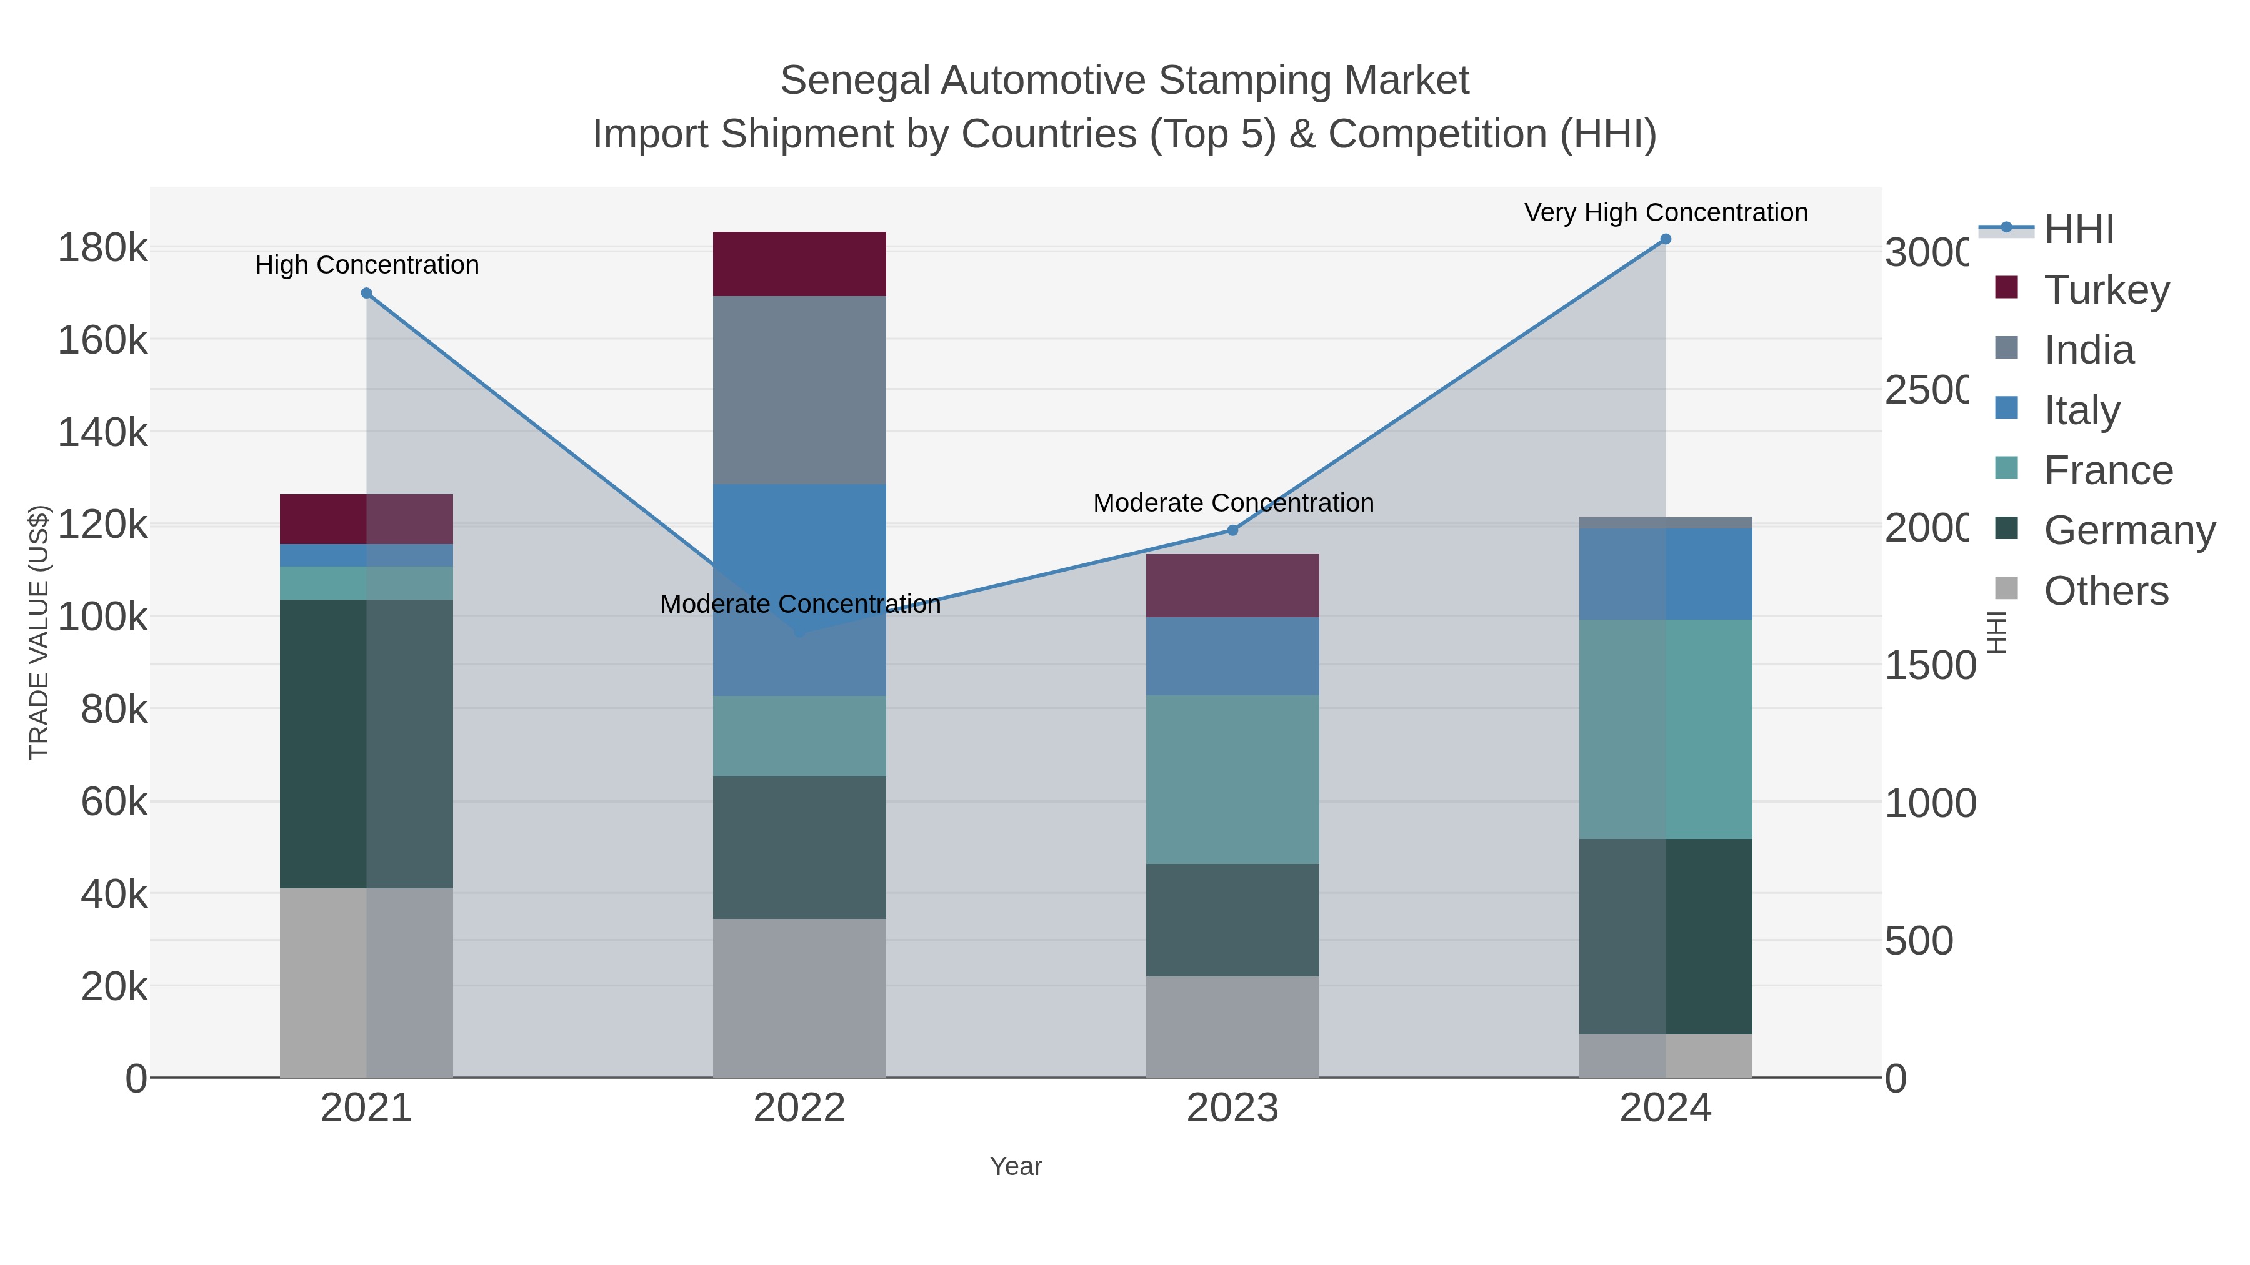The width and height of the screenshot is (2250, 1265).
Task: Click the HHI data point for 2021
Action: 366,294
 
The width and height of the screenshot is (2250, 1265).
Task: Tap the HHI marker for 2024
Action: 1665,239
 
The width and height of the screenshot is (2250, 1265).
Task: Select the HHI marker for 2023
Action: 1232,530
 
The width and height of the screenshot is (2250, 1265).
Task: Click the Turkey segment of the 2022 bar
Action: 799,264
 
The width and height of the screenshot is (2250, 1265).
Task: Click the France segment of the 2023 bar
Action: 1232,779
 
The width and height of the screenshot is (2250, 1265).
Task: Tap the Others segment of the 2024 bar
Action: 1665,1056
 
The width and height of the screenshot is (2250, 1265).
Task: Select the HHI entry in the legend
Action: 2079,230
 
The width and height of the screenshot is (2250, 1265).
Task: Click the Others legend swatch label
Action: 2106,591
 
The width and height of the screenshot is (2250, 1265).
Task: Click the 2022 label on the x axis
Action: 799,1109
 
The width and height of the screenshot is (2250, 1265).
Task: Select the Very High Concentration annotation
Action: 1666,212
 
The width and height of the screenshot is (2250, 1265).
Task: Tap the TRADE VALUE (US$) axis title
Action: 39,632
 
